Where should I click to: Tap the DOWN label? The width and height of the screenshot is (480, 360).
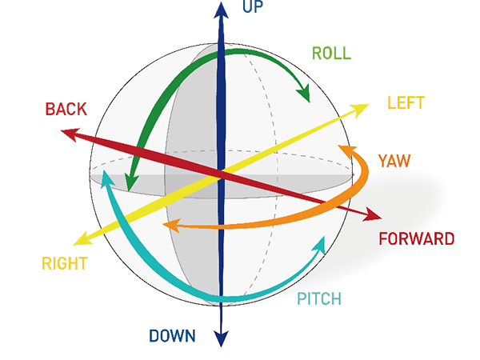point(172,336)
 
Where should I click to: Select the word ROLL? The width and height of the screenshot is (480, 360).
point(332,54)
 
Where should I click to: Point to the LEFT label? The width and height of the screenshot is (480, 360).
point(406,103)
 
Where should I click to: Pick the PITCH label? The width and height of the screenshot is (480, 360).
point(319,300)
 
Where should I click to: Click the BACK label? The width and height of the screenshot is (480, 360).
point(66,108)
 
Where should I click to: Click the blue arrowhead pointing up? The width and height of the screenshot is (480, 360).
point(219,10)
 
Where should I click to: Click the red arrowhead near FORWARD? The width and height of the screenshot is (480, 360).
point(373,215)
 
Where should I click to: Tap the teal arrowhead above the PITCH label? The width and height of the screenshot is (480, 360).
point(322,243)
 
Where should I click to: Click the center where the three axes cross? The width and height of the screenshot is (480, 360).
point(219,174)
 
